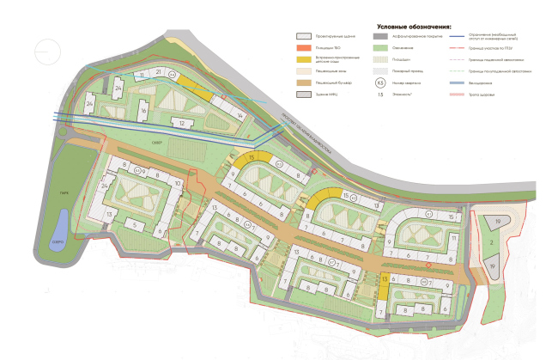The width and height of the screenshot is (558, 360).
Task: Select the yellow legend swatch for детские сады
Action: click(303, 61)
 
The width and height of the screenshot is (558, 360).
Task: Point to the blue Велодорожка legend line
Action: click(456, 84)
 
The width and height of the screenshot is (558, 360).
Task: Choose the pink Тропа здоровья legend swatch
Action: click(456, 96)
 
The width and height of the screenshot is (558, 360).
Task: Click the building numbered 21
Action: click(159, 72)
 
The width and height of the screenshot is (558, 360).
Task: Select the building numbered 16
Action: click(143, 112)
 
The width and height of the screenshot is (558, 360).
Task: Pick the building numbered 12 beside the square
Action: click(181, 123)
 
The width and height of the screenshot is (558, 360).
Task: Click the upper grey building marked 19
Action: click(497, 223)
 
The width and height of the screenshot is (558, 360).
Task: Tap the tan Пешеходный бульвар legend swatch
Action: click(303, 84)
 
